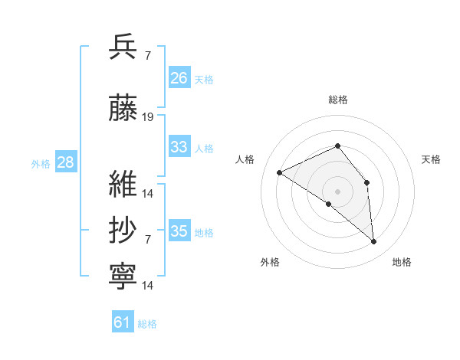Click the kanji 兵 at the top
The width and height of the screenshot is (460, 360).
coord(123,47)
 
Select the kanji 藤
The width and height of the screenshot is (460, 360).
coord(123,110)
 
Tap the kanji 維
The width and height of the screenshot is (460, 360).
coord(123,185)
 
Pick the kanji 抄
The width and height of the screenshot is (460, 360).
coord(123,231)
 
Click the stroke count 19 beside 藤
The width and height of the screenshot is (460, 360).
coord(148,117)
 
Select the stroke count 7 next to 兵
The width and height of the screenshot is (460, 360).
coord(147,55)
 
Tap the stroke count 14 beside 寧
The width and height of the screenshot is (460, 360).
coord(148,286)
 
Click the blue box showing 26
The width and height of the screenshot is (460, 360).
coord(179,78)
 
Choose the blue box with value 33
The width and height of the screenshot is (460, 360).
coord(179,147)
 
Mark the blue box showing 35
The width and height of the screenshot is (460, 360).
coord(179,231)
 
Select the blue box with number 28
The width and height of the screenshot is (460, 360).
coord(65,162)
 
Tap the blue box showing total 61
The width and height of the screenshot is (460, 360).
coord(123,323)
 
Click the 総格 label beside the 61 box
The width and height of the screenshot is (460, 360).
coord(148,324)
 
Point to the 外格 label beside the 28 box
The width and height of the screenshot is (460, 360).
coord(41,163)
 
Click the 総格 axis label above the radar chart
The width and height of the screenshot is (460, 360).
coord(337,100)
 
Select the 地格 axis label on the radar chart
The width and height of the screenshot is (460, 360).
coord(402,262)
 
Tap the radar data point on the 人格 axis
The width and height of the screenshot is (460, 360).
coord(280,173)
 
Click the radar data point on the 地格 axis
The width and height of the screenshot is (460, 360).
coord(374,242)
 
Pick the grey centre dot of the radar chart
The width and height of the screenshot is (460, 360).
coord(337,191)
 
